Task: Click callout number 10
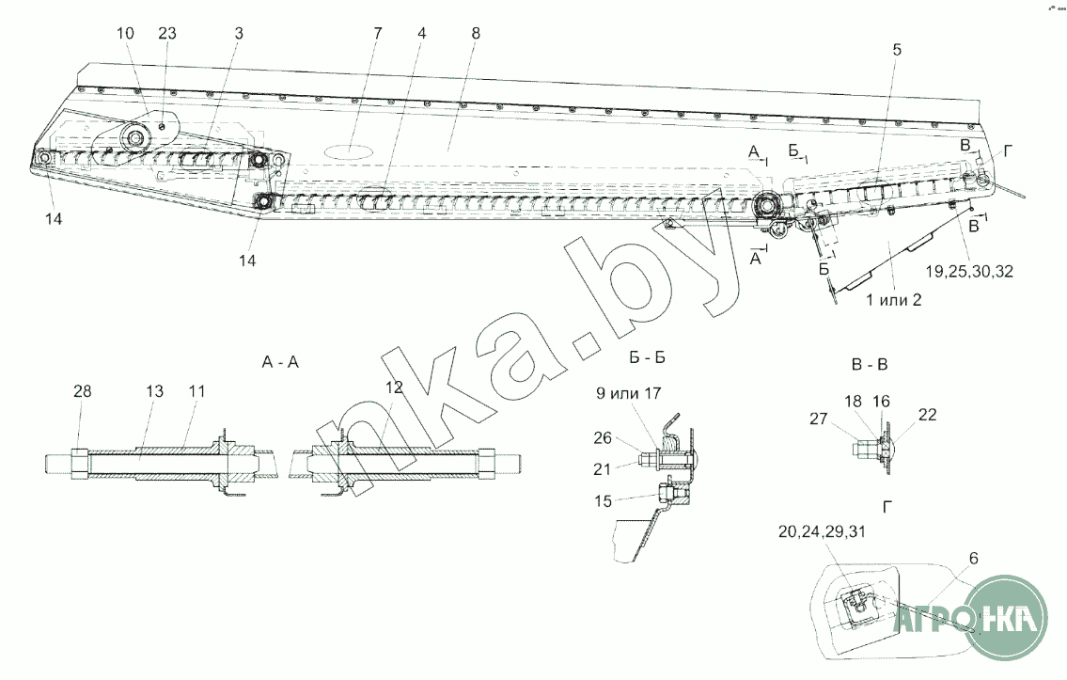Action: (x=126, y=33)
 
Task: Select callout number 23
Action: (x=167, y=33)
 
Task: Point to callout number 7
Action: (x=378, y=33)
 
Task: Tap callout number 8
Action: (x=476, y=33)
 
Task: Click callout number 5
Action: (x=897, y=51)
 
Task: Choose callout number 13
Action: (x=154, y=390)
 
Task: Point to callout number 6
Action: (x=973, y=558)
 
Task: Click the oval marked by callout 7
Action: (x=349, y=150)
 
